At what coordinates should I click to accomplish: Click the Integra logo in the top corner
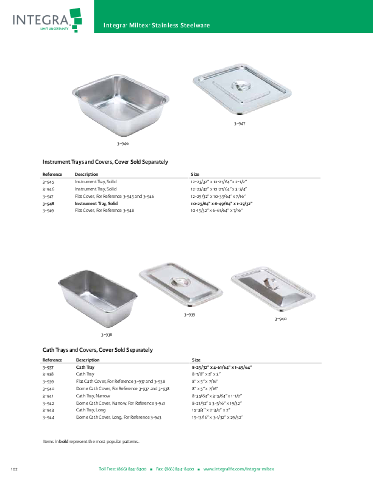[47, 20]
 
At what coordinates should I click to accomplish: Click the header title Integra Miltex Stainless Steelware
[157, 26]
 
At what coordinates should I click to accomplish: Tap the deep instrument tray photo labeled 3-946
[121, 105]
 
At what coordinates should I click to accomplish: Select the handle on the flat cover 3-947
[240, 86]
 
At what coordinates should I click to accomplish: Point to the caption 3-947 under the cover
[240, 124]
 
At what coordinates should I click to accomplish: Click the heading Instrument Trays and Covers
[105, 162]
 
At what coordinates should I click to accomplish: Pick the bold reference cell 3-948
[48, 203]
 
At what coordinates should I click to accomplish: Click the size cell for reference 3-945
[219, 182]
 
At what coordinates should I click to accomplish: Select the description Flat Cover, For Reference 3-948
[104, 210]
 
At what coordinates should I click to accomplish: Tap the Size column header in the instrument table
[195, 174]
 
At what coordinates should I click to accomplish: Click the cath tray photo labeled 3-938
[98, 298]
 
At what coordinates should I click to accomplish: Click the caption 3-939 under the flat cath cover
[190, 315]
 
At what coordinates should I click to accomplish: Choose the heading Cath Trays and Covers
[98, 350]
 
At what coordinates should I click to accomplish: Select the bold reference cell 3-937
[48, 368]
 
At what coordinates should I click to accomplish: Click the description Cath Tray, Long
[91, 410]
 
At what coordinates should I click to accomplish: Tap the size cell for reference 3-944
[217, 417]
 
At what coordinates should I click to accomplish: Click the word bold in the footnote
[64, 441]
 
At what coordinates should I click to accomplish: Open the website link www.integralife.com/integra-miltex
[238, 469]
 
